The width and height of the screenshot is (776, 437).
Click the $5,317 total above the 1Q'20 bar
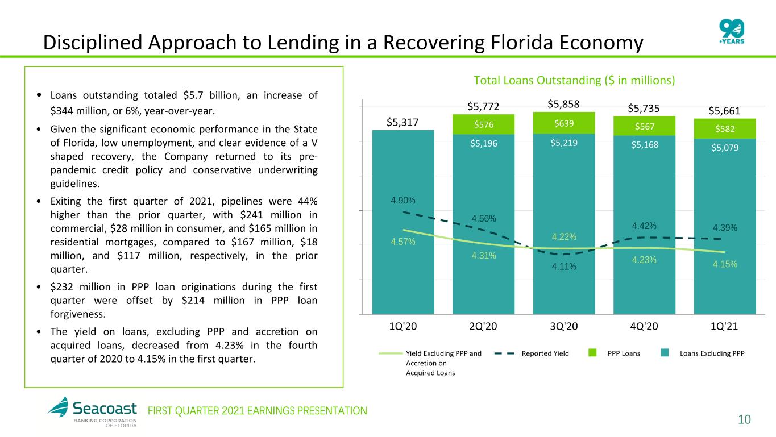point(402,122)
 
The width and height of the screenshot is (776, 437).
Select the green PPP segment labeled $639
point(564,123)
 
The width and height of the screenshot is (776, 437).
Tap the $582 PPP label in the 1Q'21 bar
point(725,129)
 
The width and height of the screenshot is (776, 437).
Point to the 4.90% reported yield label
point(403,200)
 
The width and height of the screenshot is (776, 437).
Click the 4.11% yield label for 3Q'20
point(564,267)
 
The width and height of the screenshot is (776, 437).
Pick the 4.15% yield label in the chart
point(725,264)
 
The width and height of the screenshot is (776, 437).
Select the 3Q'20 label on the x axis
point(564,326)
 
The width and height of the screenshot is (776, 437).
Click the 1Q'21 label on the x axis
point(724,326)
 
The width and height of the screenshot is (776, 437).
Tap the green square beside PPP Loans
point(592,353)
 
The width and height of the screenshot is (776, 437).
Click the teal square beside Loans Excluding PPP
point(665,353)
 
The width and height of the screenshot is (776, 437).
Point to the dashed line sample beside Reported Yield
point(504,353)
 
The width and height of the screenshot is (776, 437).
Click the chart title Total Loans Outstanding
point(574,80)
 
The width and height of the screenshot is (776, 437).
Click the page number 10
point(744,419)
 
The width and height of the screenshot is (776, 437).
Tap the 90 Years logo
point(732,31)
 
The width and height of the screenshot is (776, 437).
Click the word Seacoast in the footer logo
point(105,409)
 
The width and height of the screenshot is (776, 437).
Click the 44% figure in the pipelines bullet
point(308,201)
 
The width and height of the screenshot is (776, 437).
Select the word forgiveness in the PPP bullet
point(78,314)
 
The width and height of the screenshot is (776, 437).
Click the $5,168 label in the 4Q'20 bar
point(645,145)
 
